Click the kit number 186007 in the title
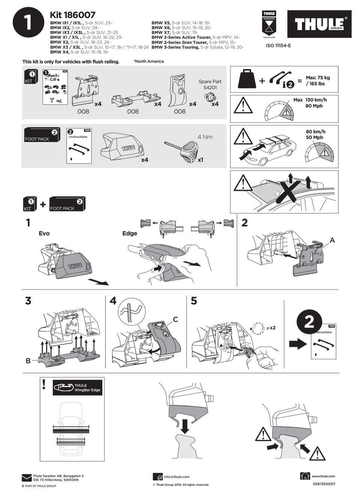[x=79, y=15]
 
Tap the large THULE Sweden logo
[x=319, y=24]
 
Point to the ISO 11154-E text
[x=278, y=46]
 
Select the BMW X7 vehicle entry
[x=175, y=32]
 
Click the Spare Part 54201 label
[x=210, y=84]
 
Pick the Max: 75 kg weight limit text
[x=318, y=81]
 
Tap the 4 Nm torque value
[x=205, y=137]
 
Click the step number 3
[x=28, y=301]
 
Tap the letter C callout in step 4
[x=175, y=319]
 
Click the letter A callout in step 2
[x=332, y=240]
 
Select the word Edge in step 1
[x=130, y=233]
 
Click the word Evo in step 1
[x=44, y=233]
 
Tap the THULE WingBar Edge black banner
[x=77, y=388]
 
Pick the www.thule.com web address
[x=323, y=476]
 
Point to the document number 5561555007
[x=324, y=484]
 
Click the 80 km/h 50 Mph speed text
[x=315, y=134]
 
